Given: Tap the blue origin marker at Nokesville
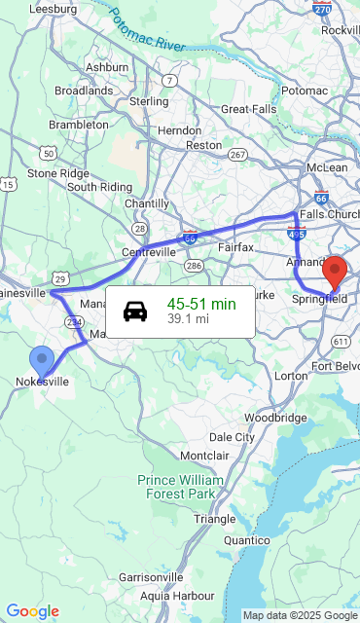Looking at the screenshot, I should [x=42, y=361].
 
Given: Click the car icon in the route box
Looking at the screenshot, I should [x=135, y=311].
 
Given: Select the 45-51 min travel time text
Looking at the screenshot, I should [x=201, y=304].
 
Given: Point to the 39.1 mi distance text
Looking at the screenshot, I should [x=188, y=318].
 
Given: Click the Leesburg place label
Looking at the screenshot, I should [x=53, y=8].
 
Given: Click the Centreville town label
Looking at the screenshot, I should [x=149, y=251].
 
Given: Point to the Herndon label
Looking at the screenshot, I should [x=179, y=129].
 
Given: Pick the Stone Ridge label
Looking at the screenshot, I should [x=57, y=173].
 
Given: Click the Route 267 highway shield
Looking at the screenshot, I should [x=237, y=155].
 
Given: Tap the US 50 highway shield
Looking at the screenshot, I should [x=48, y=153].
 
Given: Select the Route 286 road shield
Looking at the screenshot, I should [x=195, y=266].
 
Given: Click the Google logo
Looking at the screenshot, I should [x=32, y=611].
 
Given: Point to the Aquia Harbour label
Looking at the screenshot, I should [x=177, y=595].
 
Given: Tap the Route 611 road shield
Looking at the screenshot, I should [x=341, y=341].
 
